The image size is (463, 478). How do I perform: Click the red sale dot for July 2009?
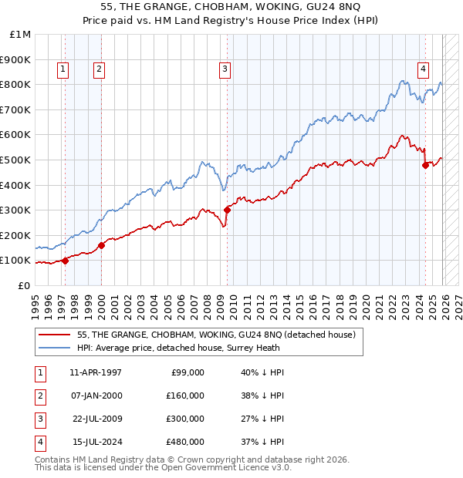227,210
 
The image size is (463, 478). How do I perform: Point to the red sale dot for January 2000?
101,246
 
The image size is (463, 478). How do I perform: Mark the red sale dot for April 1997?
65,261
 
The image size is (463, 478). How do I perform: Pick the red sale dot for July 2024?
425,164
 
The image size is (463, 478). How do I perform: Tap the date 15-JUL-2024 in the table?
97,441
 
